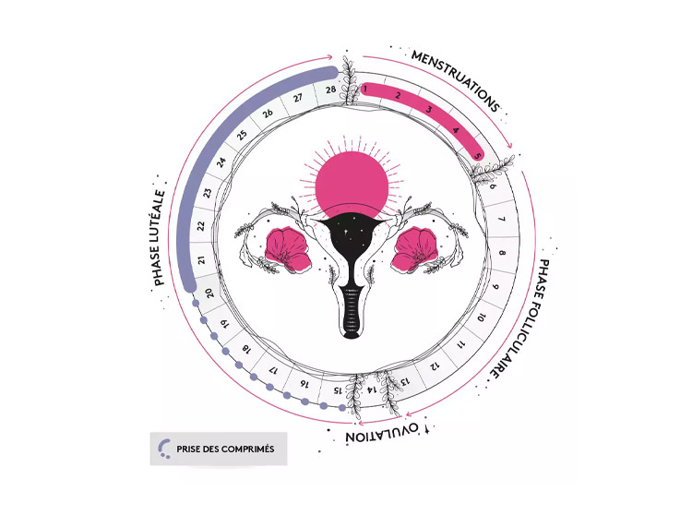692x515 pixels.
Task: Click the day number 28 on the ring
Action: [x=329, y=90]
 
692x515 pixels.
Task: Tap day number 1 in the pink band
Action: [x=366, y=90]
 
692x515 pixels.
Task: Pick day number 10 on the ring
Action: [x=481, y=318]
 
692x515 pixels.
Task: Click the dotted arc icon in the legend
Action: [x=164, y=449]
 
